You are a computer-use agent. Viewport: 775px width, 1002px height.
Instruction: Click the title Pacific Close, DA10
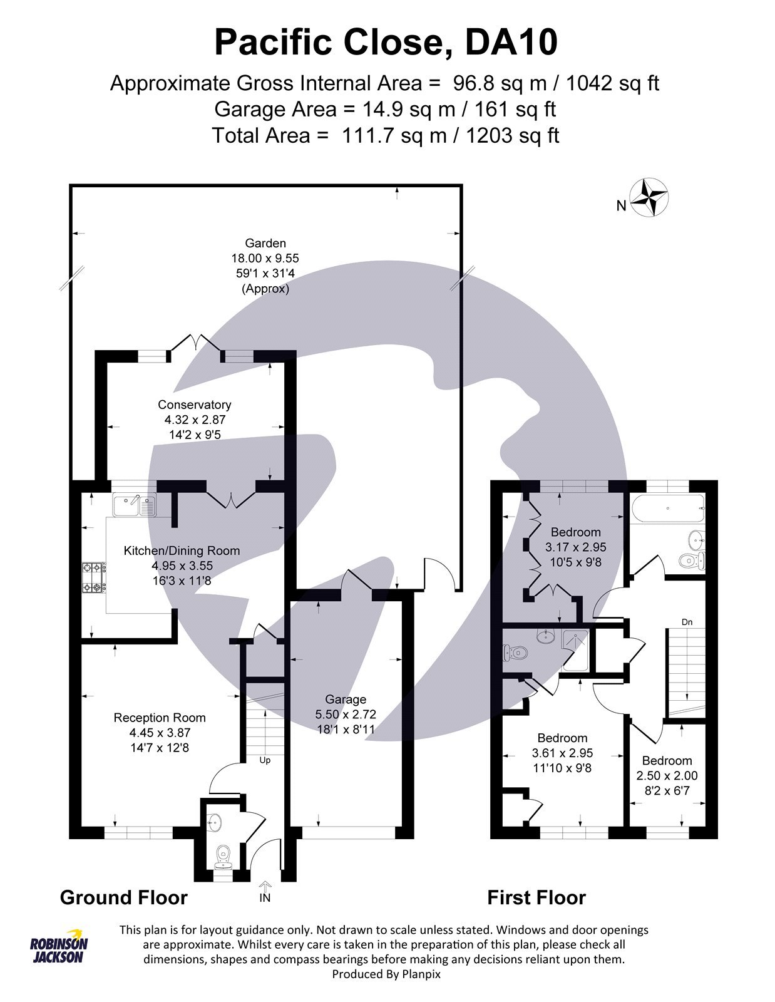(386, 43)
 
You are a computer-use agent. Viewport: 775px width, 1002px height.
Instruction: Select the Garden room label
(265, 243)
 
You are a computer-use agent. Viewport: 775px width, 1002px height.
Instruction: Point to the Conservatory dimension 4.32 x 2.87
(194, 420)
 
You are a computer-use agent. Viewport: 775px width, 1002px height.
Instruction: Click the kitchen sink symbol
(134, 504)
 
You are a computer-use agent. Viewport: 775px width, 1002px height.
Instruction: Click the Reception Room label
(160, 718)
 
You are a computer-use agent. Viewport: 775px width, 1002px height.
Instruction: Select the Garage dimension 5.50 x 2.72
(346, 714)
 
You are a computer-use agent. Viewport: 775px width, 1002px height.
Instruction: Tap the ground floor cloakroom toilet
(223, 857)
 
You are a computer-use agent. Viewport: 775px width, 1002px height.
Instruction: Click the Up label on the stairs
(265, 760)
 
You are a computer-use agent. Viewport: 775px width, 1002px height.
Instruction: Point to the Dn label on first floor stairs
(687, 622)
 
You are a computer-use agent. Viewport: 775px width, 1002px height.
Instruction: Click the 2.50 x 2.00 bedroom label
(667, 775)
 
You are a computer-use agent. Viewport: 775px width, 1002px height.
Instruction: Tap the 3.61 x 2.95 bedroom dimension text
(562, 753)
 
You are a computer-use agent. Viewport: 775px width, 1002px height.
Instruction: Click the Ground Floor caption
(124, 897)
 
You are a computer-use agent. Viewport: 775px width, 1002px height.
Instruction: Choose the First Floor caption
(536, 897)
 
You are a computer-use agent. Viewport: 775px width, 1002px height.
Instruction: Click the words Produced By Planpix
(386, 974)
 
